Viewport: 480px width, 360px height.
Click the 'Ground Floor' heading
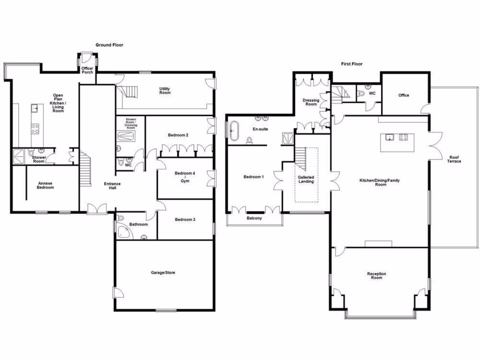tap(109, 45)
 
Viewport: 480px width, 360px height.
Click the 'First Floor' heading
tap(352, 64)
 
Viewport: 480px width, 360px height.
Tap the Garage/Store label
tap(163, 272)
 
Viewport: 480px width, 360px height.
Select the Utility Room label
tap(165, 91)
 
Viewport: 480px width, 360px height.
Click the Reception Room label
tap(376, 276)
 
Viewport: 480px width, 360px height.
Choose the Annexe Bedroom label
tap(45, 186)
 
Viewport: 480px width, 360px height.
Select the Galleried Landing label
tap(306, 180)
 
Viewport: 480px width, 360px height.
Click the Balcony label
tap(255, 218)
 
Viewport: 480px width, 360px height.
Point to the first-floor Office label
tap(404, 95)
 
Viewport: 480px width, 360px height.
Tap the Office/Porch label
tap(87, 70)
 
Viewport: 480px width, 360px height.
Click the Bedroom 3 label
tap(185, 219)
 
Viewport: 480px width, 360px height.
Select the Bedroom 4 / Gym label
tap(185, 177)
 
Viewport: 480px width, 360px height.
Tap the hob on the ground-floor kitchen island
tap(35, 127)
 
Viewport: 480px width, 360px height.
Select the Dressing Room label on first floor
tap(311, 102)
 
